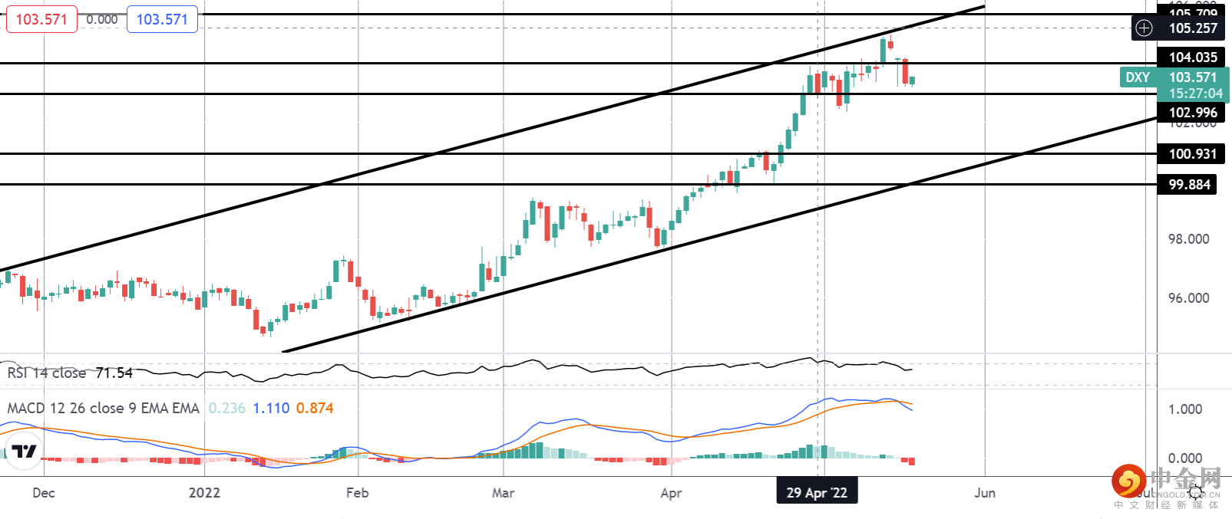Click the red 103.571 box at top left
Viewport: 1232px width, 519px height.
pos(41,19)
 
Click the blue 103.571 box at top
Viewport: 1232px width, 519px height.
pos(162,19)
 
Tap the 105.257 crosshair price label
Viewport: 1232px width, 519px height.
pos(1193,28)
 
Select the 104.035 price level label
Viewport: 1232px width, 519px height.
pos(1192,57)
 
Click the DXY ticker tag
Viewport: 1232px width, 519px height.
pos(1138,77)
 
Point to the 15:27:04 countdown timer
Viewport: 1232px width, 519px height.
pos(1195,94)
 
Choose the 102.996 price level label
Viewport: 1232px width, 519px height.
pos(1192,113)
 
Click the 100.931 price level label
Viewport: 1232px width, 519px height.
pos(1192,154)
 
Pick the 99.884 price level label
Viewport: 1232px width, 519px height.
pos(1188,185)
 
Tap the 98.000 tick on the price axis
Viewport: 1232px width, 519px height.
pos(1188,239)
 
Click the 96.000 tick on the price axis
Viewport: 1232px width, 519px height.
pos(1188,298)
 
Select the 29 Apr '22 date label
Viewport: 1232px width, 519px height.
pos(817,493)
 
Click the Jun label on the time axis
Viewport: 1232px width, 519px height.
pos(985,493)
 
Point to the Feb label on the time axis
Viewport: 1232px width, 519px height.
pos(357,493)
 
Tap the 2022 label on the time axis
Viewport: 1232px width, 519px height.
pos(204,493)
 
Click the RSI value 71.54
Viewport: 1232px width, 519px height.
pos(114,373)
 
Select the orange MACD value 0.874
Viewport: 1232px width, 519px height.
pos(315,409)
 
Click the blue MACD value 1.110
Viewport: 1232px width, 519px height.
pos(271,409)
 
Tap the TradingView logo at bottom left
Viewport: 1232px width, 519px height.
pos(25,451)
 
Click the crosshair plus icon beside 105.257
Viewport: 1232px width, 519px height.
pos(1144,28)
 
